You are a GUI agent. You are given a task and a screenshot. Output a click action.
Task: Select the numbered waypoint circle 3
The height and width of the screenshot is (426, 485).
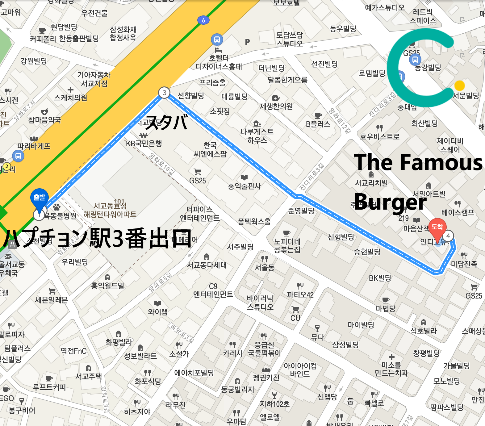[x=164, y=92]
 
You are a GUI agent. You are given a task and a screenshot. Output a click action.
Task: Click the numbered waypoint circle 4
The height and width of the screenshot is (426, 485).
[x=448, y=236]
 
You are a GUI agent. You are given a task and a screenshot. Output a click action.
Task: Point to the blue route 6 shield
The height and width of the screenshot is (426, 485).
[x=203, y=20]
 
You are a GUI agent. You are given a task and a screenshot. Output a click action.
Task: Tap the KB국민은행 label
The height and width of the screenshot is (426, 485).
[x=144, y=143]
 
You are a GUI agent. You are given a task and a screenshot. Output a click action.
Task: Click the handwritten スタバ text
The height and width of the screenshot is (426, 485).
[x=167, y=122]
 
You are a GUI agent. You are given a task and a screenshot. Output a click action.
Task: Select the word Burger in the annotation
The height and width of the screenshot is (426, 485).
[x=390, y=202]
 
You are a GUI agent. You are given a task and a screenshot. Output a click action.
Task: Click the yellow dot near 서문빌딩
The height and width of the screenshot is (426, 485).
[x=459, y=86]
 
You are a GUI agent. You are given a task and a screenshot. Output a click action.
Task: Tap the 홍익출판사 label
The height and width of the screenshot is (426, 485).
[x=244, y=186]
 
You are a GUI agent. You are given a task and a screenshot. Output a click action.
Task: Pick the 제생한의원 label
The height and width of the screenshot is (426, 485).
[x=276, y=106]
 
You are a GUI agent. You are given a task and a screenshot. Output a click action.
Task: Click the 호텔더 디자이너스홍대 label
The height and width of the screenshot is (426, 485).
[x=219, y=62]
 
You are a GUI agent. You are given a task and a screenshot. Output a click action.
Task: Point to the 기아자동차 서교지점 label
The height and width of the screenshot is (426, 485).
[x=94, y=79]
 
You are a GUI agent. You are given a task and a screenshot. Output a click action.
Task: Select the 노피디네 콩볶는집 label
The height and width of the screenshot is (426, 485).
[x=287, y=245]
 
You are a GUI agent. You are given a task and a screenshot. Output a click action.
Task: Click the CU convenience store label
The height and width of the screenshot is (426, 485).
[x=295, y=318]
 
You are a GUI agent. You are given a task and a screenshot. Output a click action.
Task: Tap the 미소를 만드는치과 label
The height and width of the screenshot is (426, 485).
[x=391, y=369]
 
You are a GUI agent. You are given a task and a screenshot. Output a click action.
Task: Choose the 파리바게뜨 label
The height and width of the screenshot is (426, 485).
[x=34, y=146]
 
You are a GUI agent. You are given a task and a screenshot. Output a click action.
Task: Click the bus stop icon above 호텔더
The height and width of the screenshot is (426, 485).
[x=217, y=40]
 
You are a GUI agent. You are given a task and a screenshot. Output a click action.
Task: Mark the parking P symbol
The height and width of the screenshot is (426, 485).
[x=247, y=42]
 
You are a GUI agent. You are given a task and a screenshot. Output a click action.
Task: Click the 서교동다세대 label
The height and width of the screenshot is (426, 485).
[x=207, y=265]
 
